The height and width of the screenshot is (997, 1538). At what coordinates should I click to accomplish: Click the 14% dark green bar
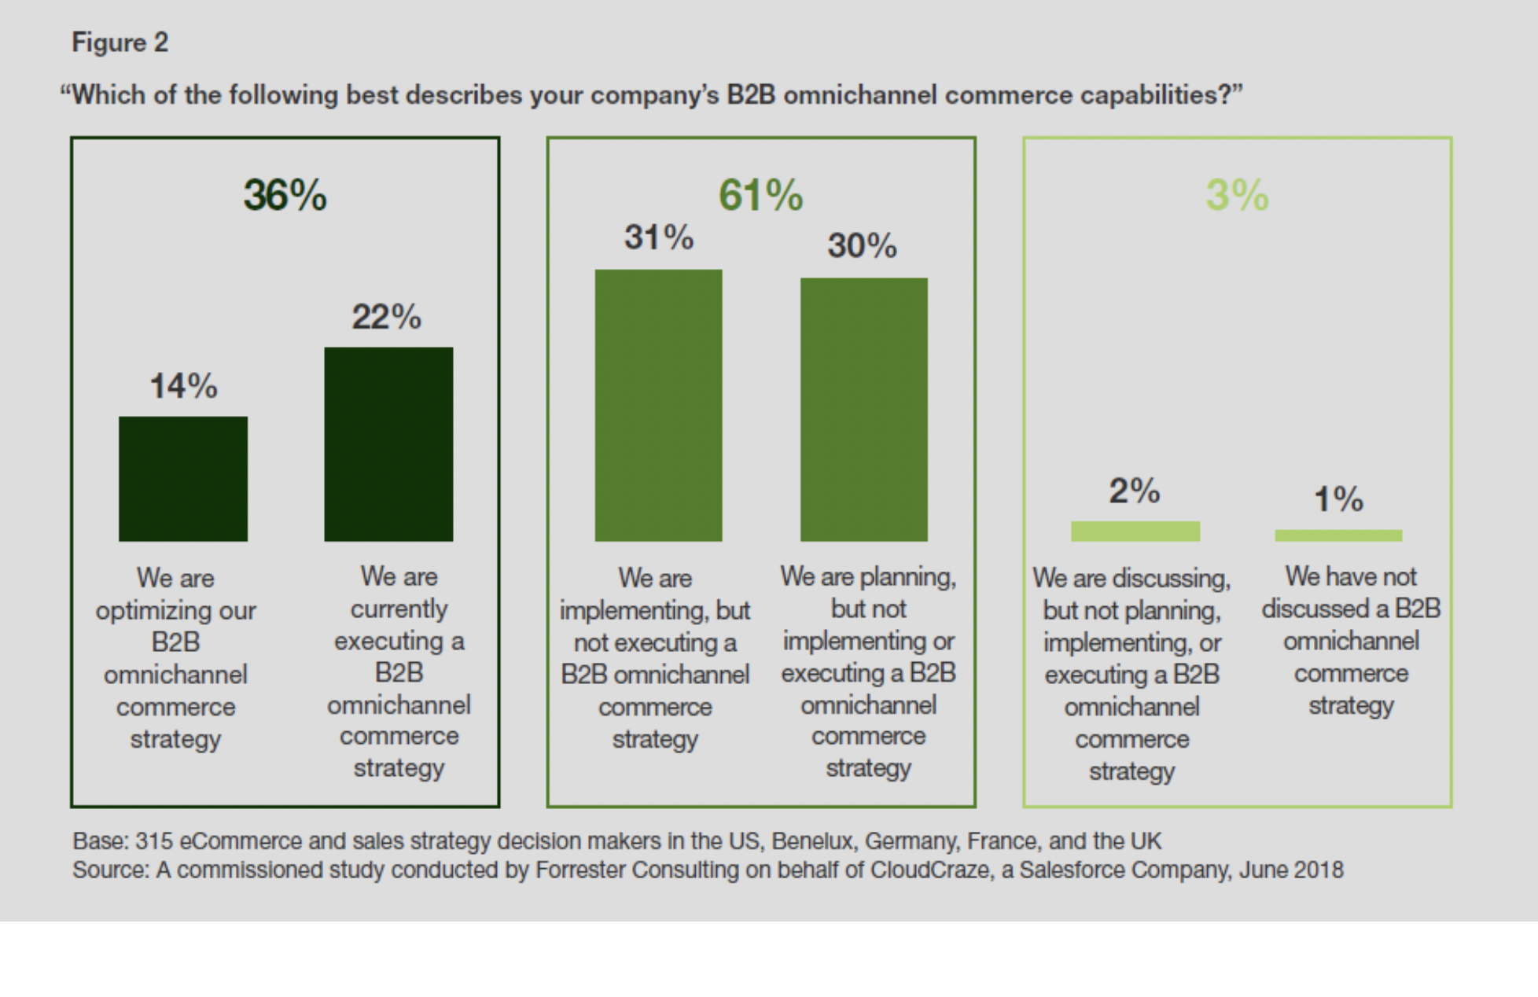pos(183,479)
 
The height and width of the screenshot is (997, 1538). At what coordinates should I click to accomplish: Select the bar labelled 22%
pos(388,444)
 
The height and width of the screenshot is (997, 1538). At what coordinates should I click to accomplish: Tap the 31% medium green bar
pos(658,405)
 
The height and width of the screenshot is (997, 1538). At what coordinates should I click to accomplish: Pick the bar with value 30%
pos(863,409)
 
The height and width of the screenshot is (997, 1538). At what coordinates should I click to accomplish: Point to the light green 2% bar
pos(1135,532)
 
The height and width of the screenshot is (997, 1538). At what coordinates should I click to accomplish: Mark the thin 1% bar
pos(1338,535)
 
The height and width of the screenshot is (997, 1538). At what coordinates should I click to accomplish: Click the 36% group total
pos(285,195)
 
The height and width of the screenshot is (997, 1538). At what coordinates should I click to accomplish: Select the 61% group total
pos(760,195)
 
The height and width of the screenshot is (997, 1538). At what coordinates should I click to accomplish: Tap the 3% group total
pos(1237,195)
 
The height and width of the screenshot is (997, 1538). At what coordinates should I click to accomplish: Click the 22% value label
pos(386,318)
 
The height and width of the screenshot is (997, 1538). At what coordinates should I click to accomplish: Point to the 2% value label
pos(1134,491)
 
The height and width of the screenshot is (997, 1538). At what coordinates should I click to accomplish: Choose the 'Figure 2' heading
pos(120,42)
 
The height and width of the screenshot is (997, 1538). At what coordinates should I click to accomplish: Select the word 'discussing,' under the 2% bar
pos(1171,579)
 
